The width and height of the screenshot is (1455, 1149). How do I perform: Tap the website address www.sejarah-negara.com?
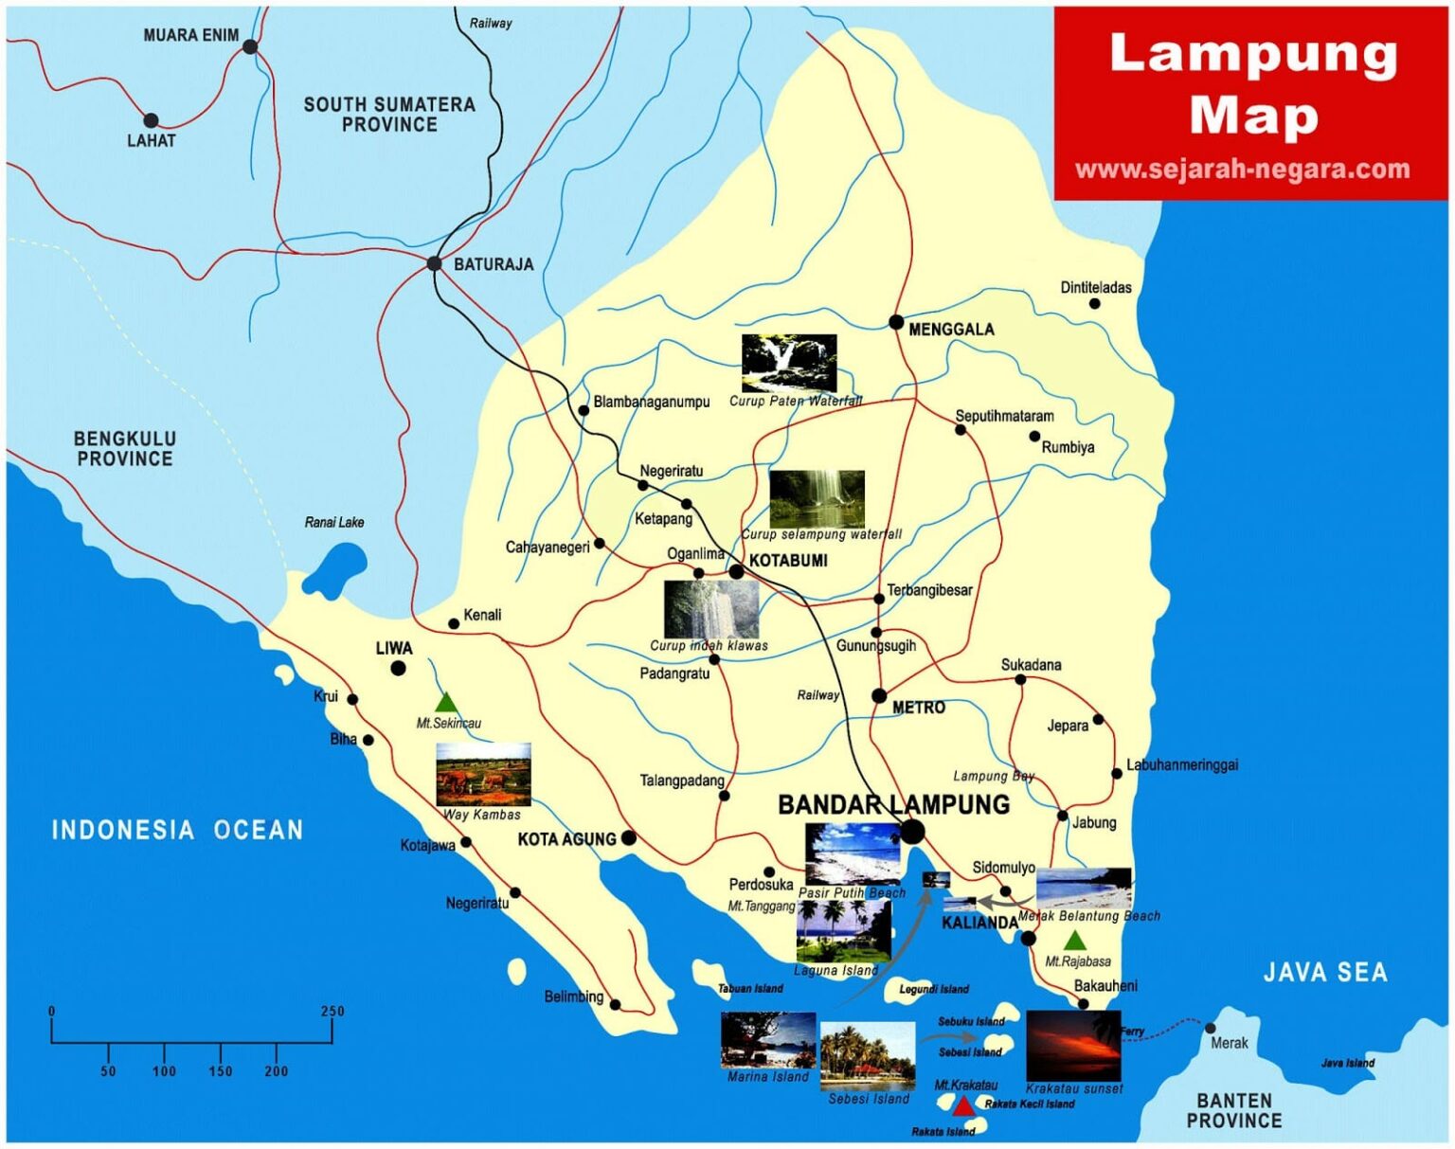(1243, 170)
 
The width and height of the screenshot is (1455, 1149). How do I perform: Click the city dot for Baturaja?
(434, 263)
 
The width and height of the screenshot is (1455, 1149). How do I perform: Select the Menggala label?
(950, 330)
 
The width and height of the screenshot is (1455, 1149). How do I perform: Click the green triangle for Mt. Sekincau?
(446, 703)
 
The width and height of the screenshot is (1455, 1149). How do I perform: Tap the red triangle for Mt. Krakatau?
(962, 1106)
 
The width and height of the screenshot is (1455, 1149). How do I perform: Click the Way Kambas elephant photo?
(483, 774)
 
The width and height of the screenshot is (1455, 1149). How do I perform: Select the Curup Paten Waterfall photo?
(788, 363)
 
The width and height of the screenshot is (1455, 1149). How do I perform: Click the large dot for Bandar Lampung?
(911, 833)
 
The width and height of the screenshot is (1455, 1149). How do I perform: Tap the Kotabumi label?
(788, 561)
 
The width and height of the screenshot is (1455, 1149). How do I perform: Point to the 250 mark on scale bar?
(332, 1012)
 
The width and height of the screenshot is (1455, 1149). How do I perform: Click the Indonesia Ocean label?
(177, 831)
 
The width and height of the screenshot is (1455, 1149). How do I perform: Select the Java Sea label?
(1324, 972)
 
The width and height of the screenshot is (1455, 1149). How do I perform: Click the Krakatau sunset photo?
(1073, 1046)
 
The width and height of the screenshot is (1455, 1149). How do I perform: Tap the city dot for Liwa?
(399, 669)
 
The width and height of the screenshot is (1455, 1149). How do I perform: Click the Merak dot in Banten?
(1210, 1028)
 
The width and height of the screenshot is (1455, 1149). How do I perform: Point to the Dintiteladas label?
(1095, 288)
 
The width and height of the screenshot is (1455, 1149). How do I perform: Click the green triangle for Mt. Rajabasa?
(1073, 941)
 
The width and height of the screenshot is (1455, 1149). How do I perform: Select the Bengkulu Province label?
(124, 449)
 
